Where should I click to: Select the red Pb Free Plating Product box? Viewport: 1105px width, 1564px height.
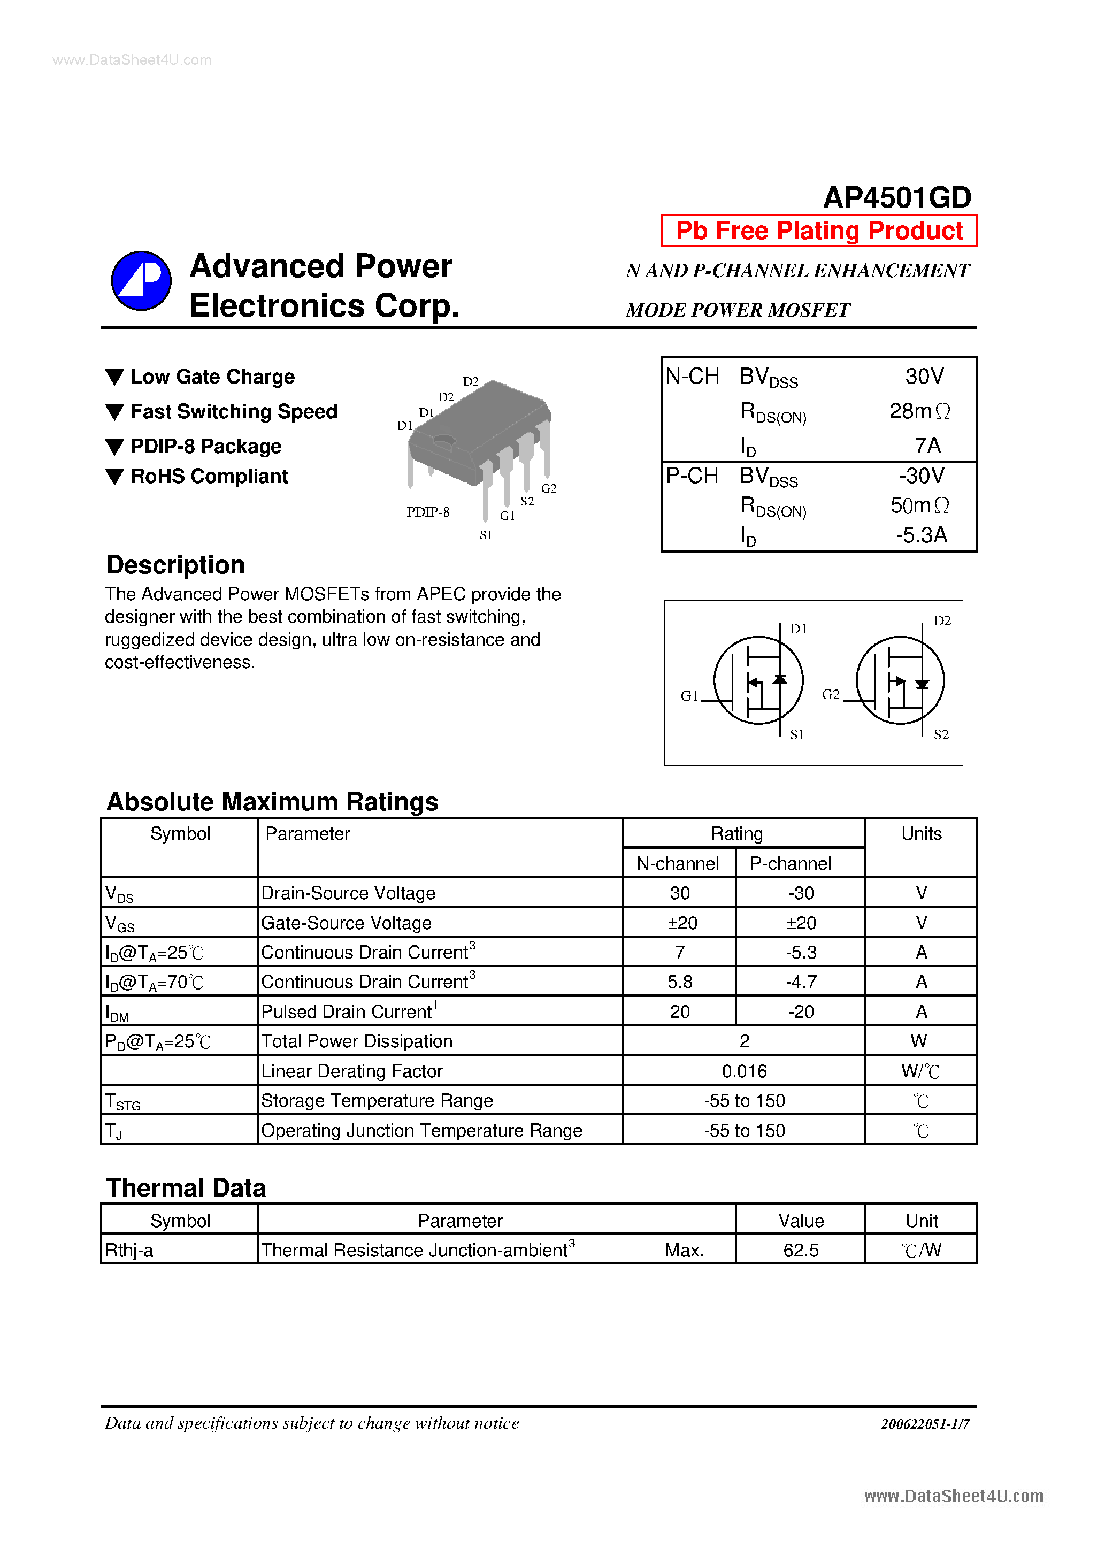click(819, 231)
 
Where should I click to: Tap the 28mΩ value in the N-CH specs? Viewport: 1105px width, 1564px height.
click(919, 411)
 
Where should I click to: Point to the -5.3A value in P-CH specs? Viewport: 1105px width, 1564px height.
click(921, 535)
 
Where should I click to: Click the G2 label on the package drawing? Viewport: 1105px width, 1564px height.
click(548, 488)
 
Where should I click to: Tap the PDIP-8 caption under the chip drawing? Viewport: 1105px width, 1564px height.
click(428, 512)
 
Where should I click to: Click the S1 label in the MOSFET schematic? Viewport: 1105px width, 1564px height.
click(797, 734)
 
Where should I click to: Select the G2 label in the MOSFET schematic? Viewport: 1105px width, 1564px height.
click(831, 695)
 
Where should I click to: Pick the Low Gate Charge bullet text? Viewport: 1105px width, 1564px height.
click(212, 377)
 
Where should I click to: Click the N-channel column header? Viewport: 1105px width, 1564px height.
click(678, 864)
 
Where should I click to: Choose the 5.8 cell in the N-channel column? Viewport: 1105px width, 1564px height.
click(679, 982)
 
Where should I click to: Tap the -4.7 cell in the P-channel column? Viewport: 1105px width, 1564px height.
click(801, 982)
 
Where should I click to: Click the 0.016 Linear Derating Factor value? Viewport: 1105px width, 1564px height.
click(744, 1071)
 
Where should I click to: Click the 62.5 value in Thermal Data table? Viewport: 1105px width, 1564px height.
click(801, 1251)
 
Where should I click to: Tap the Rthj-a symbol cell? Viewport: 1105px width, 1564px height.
click(129, 1251)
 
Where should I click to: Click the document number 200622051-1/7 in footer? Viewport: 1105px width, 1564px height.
click(924, 1424)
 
